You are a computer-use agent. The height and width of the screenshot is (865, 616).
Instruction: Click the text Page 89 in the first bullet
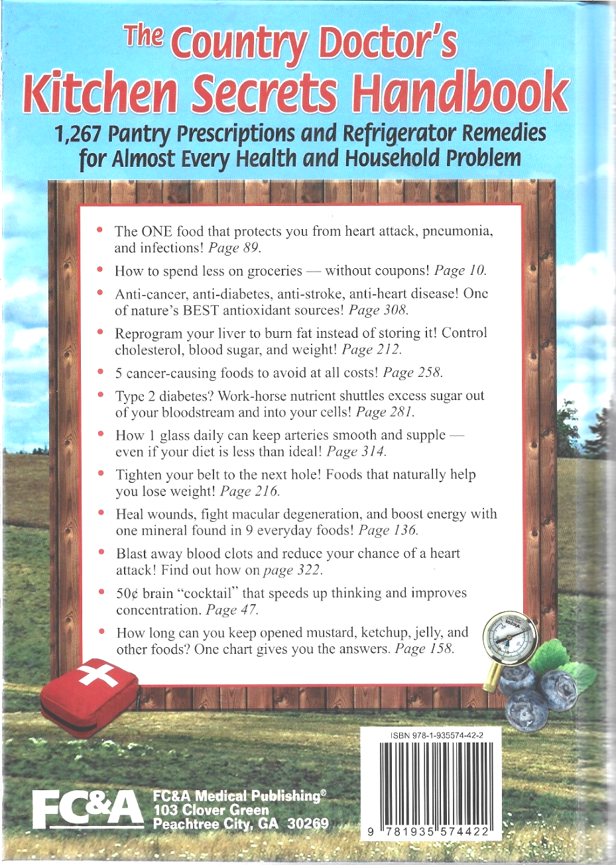pyautogui.click(x=234, y=248)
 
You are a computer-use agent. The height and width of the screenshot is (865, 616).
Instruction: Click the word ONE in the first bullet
pyautogui.click(x=157, y=231)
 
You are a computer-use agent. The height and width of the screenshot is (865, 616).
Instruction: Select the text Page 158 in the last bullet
pyautogui.click(x=424, y=649)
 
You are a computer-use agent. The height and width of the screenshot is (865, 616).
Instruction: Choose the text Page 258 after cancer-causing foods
pyautogui.click(x=412, y=372)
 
